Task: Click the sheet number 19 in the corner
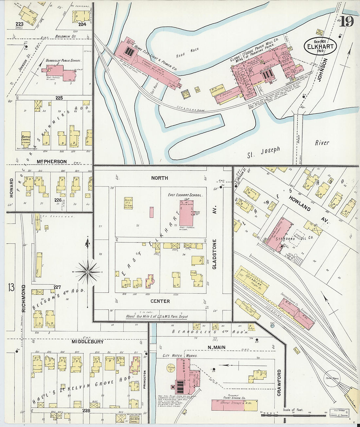(x=347, y=21)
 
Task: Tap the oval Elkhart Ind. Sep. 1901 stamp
(x=320, y=46)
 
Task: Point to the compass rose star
(x=88, y=271)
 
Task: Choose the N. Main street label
(x=217, y=347)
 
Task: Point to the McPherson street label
(x=52, y=162)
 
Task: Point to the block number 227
(x=57, y=287)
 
